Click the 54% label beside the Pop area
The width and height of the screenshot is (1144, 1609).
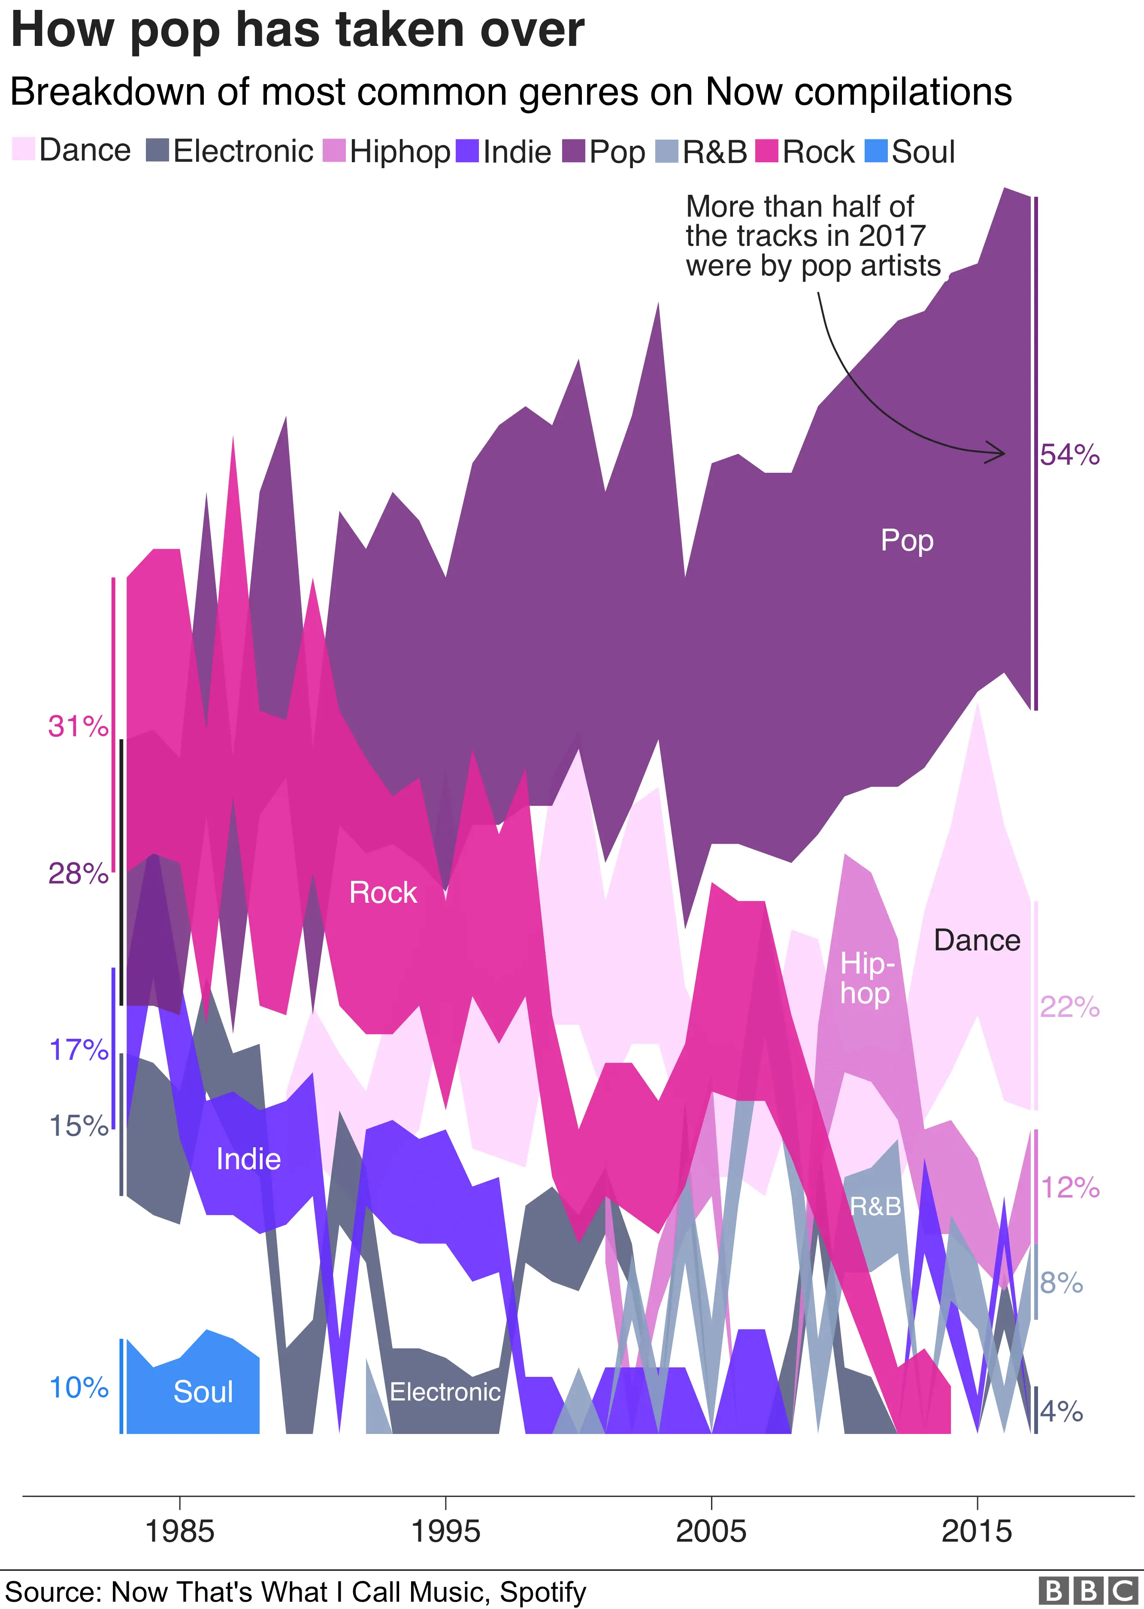click(1069, 456)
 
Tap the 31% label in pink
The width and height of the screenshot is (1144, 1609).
click(78, 726)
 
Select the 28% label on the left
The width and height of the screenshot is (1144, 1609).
click(78, 874)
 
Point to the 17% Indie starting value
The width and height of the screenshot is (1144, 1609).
click(78, 1050)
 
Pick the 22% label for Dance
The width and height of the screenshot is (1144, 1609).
click(1069, 1007)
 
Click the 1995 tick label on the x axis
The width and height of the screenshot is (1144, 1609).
click(445, 1531)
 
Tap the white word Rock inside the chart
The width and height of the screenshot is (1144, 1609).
click(383, 893)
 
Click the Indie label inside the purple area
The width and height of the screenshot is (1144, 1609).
click(248, 1159)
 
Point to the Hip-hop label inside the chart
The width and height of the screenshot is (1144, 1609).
click(866, 979)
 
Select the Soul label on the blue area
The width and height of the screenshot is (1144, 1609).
click(203, 1391)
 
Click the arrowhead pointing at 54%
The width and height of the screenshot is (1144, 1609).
click(1000, 453)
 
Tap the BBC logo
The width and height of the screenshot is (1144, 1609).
click(1088, 1590)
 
